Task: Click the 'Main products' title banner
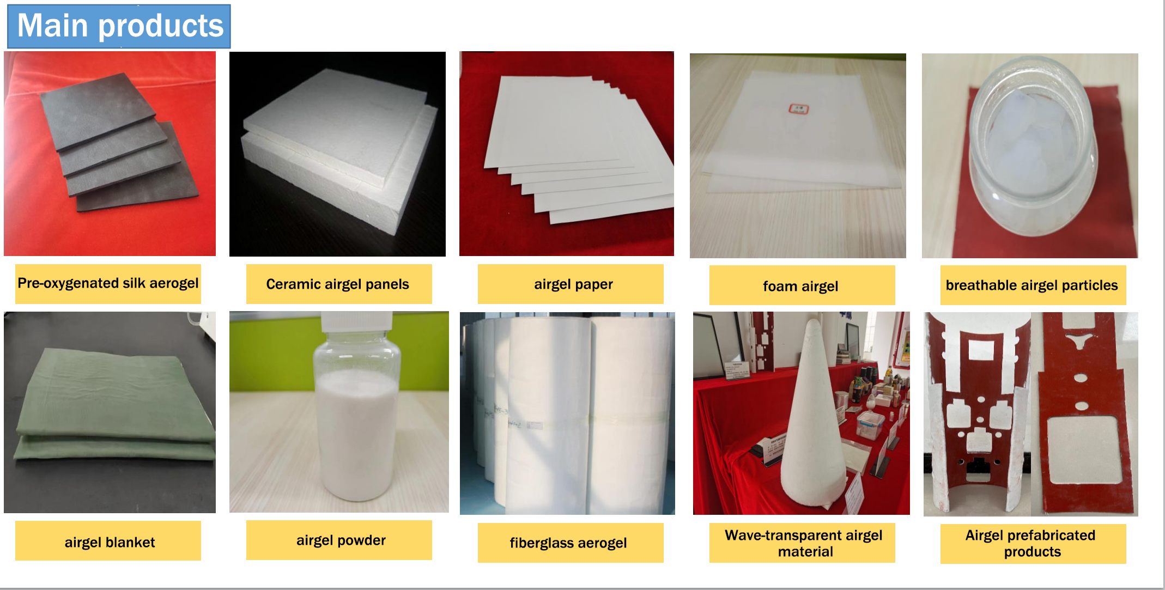click(119, 26)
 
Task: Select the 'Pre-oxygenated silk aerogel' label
click(108, 284)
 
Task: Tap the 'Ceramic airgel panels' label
click(338, 284)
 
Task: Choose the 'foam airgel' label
click(802, 285)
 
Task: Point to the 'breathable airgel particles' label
click(1033, 285)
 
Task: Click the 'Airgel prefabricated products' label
click(1033, 543)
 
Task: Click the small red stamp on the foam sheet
click(799, 109)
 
